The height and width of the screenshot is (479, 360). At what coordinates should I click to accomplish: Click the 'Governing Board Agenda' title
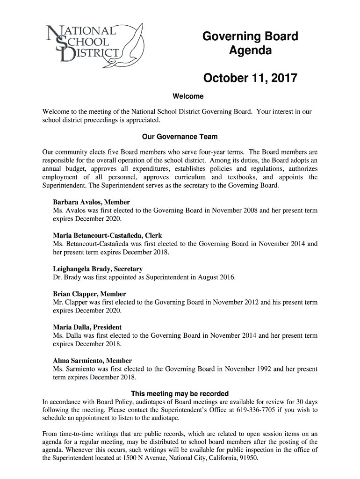(250, 44)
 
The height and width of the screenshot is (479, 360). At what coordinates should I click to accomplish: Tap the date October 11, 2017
(250, 78)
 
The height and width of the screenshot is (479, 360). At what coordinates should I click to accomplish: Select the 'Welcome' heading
(188, 97)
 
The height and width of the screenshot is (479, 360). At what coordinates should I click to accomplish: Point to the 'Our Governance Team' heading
(180, 137)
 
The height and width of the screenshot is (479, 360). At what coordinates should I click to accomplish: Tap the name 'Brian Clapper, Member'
(89, 294)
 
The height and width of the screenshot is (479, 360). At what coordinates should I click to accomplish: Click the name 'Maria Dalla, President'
(87, 327)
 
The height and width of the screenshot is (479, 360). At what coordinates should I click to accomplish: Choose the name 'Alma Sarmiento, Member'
(93, 361)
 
